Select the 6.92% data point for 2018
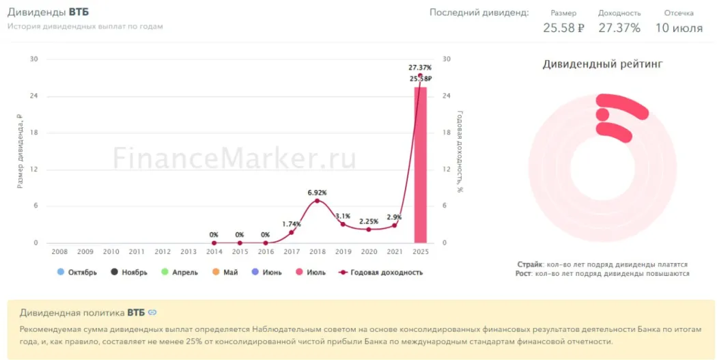317,201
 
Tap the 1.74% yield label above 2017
291,224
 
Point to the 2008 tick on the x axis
59,252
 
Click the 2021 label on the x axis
394,252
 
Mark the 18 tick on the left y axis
34,133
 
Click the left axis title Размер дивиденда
20,151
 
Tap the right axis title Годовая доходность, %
460,151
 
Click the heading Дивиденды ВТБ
48,12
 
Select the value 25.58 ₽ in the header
563,28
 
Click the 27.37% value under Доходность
619,28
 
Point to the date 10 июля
679,28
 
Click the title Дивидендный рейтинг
602,64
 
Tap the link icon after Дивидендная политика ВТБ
152,312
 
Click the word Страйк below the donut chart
530,264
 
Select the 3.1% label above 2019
343,217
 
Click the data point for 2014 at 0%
214,243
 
